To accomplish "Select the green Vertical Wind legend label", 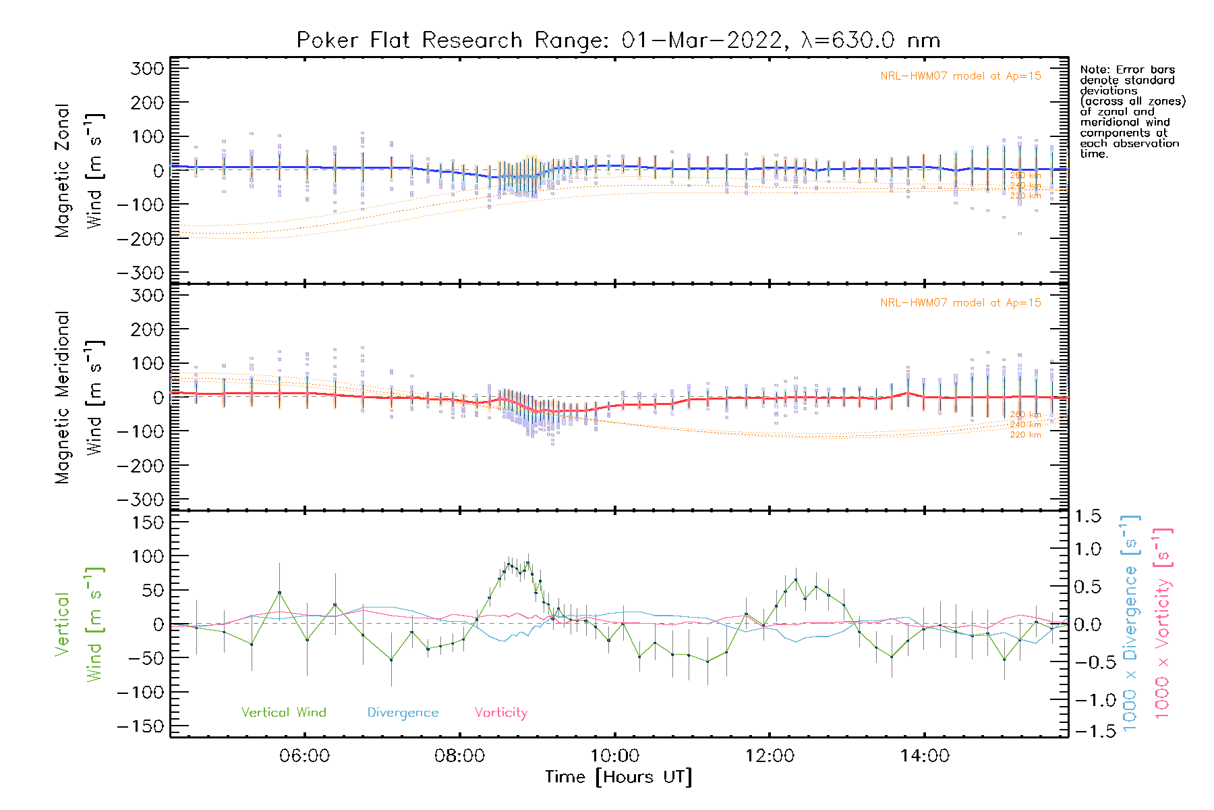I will coord(283,712).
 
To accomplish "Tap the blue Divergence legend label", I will coord(403,712).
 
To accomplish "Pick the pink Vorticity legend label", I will coord(500,712).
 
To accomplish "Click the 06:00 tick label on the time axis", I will coord(305,755).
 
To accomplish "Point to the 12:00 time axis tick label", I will coord(770,755).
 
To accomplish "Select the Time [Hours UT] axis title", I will coord(618,777).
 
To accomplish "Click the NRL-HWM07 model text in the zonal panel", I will coord(960,76).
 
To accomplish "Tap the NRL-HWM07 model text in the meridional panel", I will coord(960,303).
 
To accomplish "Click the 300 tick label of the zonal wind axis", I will coord(148,68).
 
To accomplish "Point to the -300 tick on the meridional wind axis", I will coord(141,500).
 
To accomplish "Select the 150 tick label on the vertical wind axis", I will coord(148,522).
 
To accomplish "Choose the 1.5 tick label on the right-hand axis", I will coord(1087,516).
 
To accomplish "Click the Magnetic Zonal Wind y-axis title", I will coord(79,171).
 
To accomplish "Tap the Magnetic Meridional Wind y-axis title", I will coord(79,398).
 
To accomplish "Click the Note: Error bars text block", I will coord(1132,111).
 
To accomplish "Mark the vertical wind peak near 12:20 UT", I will coord(796,580).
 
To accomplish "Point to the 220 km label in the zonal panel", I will coord(1025,196).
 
